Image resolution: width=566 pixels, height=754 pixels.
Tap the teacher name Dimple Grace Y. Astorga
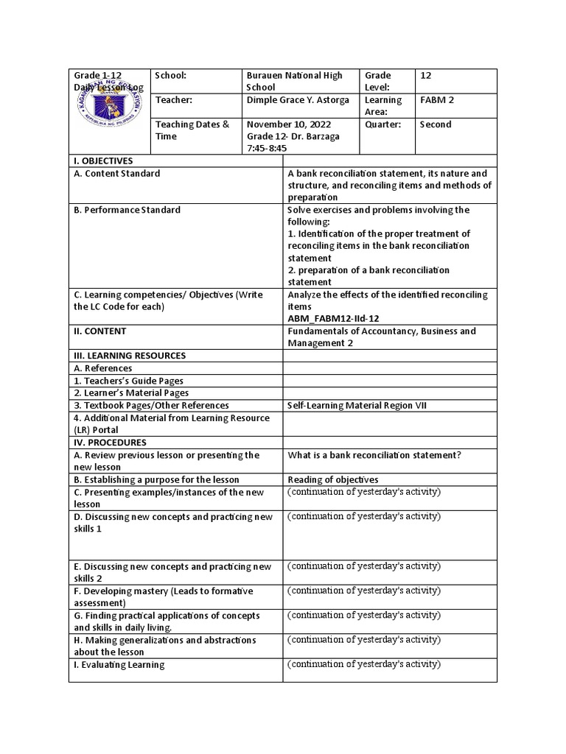coord(298,100)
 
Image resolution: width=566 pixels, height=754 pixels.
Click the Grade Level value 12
coord(426,75)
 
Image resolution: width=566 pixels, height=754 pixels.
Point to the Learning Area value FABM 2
coord(433,100)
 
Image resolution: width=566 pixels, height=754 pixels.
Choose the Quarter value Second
coord(436,124)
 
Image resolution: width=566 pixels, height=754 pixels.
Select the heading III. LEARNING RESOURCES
coord(128,356)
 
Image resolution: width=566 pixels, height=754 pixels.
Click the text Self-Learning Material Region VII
coord(357,406)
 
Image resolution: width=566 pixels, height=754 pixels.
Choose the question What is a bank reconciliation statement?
coord(374,455)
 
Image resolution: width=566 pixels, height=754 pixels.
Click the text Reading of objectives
coord(332,479)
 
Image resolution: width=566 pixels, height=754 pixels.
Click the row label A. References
coord(102,368)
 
